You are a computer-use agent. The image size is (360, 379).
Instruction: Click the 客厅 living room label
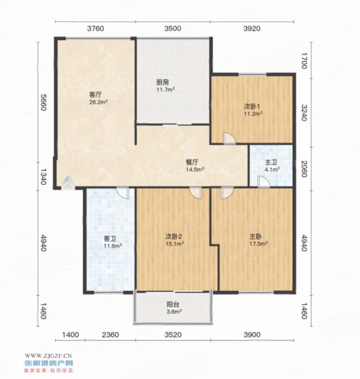pos(95,94)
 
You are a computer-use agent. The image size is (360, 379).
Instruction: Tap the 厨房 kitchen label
pos(162,83)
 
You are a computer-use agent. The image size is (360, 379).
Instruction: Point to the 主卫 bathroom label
pos(271,162)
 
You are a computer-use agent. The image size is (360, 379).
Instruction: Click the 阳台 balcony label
pos(173,305)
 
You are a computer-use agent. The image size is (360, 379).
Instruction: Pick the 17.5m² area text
pos(259,244)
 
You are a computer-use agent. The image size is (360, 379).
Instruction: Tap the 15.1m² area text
pos(175,244)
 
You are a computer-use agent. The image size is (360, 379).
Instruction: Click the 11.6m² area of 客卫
pos(112,246)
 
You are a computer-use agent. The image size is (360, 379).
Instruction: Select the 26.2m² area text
pos(99,102)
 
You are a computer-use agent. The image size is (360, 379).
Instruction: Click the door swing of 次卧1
pos(229,139)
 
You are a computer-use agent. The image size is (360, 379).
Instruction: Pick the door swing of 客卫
pos(123,193)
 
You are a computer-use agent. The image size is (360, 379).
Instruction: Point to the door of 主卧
pos(227,193)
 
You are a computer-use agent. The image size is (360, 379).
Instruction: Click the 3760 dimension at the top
pos(95,29)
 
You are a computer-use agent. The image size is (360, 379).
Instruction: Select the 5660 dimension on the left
pos(43,102)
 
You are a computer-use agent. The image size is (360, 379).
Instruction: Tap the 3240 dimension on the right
pos(304,113)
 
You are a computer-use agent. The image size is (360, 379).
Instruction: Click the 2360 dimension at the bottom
pos(110,335)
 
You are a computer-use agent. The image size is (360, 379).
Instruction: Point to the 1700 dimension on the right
pos(304,60)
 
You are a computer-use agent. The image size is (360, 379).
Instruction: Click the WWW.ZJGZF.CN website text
pos(48,356)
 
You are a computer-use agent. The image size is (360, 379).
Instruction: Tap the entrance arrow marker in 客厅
pos(68,182)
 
